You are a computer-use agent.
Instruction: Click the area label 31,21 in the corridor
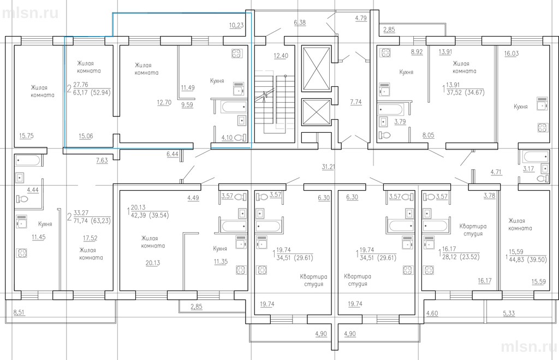pyautogui.click(x=328, y=167)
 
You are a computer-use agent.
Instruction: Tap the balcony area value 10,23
pyautogui.click(x=236, y=25)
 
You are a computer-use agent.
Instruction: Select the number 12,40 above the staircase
pyautogui.click(x=281, y=56)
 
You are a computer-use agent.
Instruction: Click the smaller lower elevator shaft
pyautogui.click(x=316, y=112)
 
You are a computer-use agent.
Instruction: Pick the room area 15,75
pyautogui.click(x=26, y=135)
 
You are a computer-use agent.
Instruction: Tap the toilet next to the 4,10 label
pyautogui.click(x=241, y=137)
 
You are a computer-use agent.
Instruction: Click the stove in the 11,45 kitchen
pyautogui.click(x=21, y=253)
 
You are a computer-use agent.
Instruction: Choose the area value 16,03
pyautogui.click(x=511, y=53)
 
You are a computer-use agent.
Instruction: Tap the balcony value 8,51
pyautogui.click(x=19, y=312)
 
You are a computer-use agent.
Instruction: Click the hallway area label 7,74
pyautogui.click(x=356, y=102)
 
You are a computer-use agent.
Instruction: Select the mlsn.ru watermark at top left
pyautogui.click(x=30, y=13)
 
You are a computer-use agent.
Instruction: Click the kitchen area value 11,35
pyautogui.click(x=221, y=262)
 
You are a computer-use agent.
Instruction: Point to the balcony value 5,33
pyautogui.click(x=509, y=313)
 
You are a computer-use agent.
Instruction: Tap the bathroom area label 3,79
pyautogui.click(x=400, y=121)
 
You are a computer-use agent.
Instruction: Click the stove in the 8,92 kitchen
pyautogui.click(x=385, y=53)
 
